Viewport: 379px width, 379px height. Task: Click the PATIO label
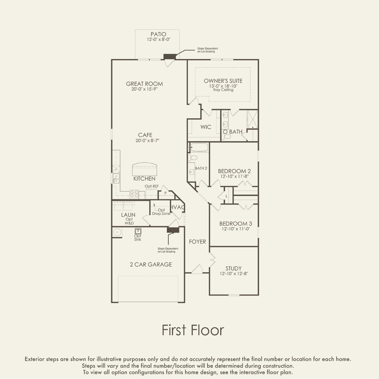coord(158,34)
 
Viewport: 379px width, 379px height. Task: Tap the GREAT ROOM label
coord(144,84)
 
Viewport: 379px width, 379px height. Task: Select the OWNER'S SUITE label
coord(223,81)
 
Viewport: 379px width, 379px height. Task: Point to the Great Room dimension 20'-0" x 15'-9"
coord(144,89)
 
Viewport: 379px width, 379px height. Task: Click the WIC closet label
coord(206,127)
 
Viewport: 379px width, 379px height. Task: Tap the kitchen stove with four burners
coord(134,194)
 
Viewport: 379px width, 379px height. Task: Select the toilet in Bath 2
coord(193,158)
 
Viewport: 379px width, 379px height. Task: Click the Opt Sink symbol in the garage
coord(138,231)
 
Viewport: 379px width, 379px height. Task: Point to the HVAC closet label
coord(178,207)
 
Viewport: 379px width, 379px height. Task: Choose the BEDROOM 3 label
coord(235,224)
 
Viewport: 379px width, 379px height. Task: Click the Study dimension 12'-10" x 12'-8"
coord(234,274)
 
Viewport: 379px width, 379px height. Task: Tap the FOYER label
coord(197,242)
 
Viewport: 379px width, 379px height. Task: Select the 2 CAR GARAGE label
coord(151,265)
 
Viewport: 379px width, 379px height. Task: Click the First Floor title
coord(193,330)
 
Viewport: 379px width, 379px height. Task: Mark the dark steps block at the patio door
coord(170,57)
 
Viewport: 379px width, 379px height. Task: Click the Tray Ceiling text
coord(223,90)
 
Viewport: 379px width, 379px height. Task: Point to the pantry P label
coord(165,193)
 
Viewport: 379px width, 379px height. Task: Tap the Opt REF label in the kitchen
coord(152,186)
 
